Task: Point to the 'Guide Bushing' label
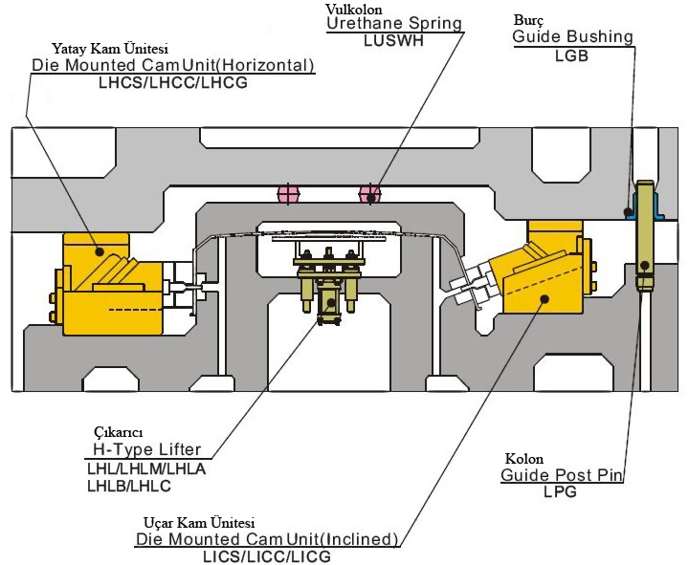[x=572, y=37]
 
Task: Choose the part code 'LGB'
[x=570, y=55]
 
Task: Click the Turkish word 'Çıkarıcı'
[x=114, y=432]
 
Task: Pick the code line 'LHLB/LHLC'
[x=127, y=485]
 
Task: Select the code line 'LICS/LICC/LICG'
[x=267, y=556]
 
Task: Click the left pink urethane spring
[x=288, y=194]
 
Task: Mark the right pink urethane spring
[x=368, y=194]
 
